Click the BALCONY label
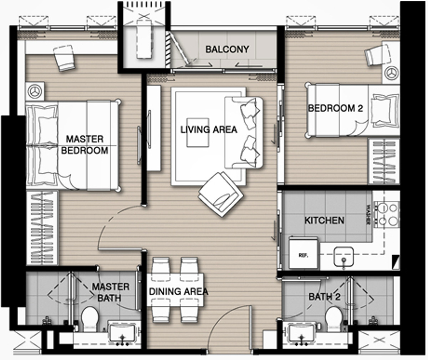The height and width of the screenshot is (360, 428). [227, 50]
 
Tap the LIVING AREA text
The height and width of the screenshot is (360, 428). [209, 130]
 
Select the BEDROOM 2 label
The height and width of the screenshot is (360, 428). [336, 108]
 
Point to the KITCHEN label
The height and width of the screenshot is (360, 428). [325, 221]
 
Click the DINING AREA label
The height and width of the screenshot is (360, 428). [179, 292]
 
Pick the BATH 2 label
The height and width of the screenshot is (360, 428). [325, 297]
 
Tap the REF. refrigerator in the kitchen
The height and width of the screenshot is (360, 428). [304, 253]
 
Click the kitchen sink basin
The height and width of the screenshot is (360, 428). [343, 257]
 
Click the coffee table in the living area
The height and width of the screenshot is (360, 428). [198, 132]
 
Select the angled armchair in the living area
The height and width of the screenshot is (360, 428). [220, 195]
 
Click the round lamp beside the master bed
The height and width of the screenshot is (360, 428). [35, 91]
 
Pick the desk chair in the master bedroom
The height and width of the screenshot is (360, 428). [64, 58]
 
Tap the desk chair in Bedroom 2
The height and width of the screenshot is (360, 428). [377, 55]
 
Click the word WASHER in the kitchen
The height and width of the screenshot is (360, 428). [368, 214]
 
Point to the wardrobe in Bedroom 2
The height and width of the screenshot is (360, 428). [384, 161]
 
